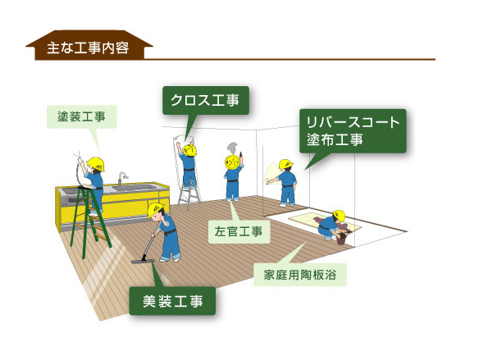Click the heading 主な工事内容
tap(88, 48)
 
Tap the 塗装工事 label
tap(81, 116)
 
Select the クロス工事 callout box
tap(206, 100)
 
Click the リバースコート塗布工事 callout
tap(353, 130)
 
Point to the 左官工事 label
tap(239, 231)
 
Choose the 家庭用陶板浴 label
tap(300, 275)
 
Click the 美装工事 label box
tap(172, 301)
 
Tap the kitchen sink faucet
tap(122, 179)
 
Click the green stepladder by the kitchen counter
tap(89, 221)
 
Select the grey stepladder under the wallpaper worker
tap(189, 194)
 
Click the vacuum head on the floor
tap(143, 261)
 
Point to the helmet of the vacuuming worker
tap(155, 210)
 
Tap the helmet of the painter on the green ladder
tap(96, 164)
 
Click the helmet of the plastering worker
tap(232, 162)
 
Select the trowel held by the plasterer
tap(241, 155)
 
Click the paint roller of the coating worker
tap(267, 180)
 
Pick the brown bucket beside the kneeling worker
tap(341, 239)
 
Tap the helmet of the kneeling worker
tap(340, 216)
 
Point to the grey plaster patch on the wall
tap(232, 146)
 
